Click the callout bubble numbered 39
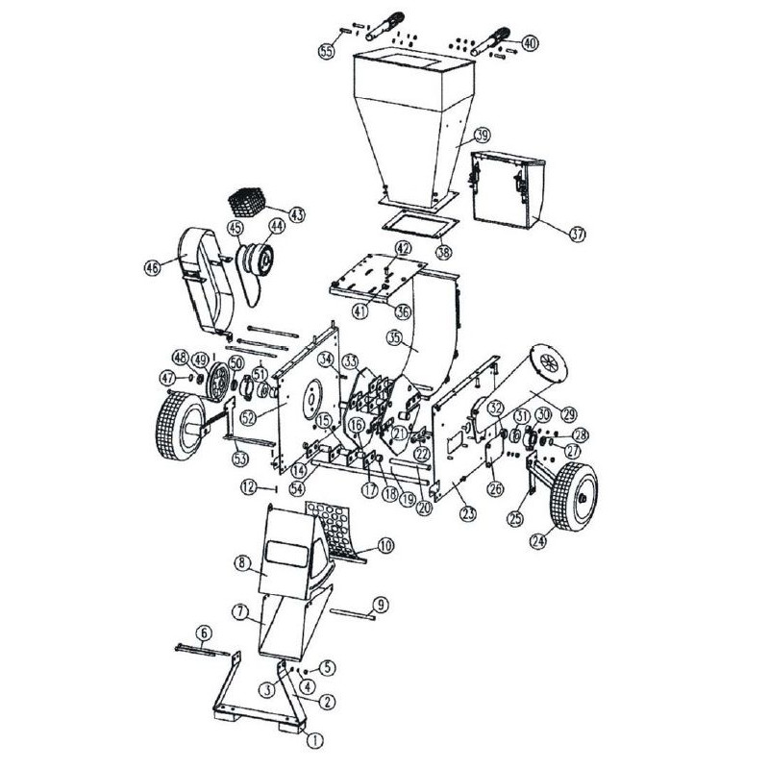click(482, 136)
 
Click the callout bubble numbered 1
click(311, 740)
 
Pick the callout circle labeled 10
click(385, 546)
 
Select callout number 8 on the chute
click(243, 563)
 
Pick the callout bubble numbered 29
click(569, 414)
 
